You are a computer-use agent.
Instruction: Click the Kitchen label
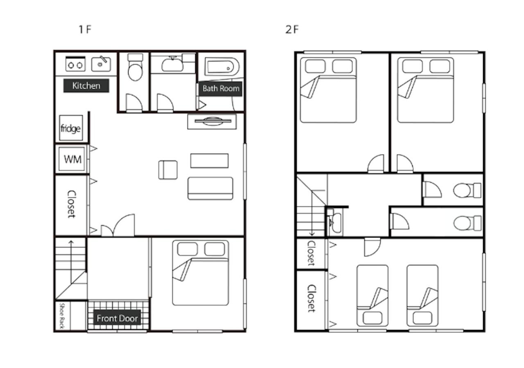tap(86, 86)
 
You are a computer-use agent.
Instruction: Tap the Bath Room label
tap(221, 89)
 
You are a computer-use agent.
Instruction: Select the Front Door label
tap(117, 318)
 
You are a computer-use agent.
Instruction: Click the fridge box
tap(71, 128)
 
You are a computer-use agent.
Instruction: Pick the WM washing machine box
tap(72, 159)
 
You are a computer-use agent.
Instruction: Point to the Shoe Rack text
tap(61, 316)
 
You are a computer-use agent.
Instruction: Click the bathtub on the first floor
tap(222, 67)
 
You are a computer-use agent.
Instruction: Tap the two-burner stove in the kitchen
tap(75, 64)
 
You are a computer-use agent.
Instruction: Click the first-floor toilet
tap(135, 67)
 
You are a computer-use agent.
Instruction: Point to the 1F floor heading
tap(85, 29)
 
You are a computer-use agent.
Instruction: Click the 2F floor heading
tap(292, 29)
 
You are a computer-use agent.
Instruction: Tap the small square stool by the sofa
tap(168, 170)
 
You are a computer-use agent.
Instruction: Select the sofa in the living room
tap(210, 188)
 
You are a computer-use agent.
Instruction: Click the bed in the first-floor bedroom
tap(201, 273)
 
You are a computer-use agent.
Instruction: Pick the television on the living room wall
tap(212, 121)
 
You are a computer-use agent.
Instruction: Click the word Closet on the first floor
tap(72, 204)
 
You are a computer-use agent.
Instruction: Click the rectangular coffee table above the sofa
tap(209, 161)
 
